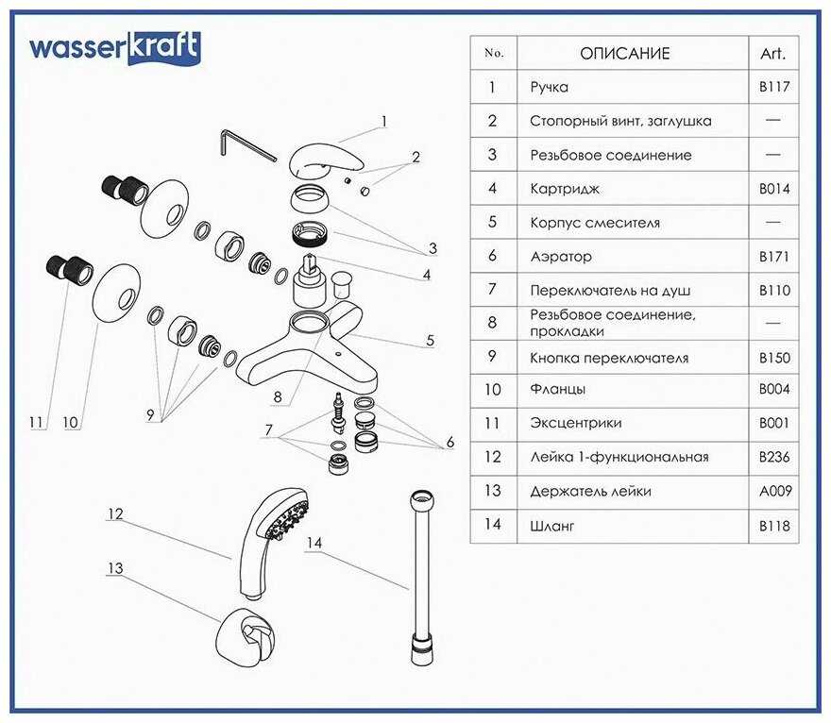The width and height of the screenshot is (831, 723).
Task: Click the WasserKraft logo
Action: coord(115,47)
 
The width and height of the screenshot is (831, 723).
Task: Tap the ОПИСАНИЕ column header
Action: coord(624,53)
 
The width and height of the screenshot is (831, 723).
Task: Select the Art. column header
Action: coord(772,53)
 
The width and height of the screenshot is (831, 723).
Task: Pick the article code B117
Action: coord(772,87)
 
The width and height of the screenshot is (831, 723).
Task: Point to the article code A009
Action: coord(772,491)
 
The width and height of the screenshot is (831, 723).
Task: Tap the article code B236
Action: coord(772,457)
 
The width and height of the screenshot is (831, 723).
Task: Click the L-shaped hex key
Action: coord(246,144)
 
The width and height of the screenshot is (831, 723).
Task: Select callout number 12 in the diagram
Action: coord(115,514)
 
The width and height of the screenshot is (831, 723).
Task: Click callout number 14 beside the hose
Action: coord(314,542)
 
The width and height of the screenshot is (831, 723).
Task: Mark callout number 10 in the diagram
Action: coord(70,423)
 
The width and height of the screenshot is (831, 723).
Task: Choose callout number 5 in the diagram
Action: coord(431,341)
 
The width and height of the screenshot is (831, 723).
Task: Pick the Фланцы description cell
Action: coord(558,389)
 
